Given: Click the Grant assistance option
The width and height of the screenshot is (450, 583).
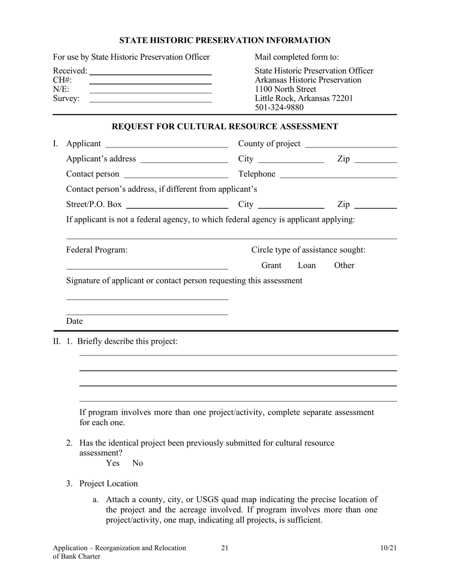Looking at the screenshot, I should point(271,265).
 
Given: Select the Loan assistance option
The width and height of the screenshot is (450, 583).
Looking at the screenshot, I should point(306,265).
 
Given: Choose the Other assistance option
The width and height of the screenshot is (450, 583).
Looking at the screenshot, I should point(344,265).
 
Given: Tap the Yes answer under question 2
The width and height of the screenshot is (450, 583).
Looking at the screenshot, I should point(113,463).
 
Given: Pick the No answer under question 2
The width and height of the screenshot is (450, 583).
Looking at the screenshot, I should point(138,463).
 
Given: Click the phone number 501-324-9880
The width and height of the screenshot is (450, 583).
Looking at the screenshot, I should point(279,108).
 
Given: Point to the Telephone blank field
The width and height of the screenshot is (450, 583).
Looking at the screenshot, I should point(338,176).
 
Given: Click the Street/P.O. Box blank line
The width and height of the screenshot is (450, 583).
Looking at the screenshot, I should point(178,206).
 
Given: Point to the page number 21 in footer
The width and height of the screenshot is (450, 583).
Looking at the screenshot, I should point(225,548).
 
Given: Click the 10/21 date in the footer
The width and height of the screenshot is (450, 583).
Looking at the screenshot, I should point(388,548).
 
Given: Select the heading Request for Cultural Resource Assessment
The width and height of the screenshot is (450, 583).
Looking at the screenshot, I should point(225,127).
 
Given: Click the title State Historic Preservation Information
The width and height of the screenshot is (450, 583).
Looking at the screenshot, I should point(225,40).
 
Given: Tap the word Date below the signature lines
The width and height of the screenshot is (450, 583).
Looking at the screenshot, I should point(74,321).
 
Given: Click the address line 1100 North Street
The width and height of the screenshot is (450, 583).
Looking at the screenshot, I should point(285,89).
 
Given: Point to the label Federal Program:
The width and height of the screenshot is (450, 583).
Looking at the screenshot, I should point(97,250).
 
